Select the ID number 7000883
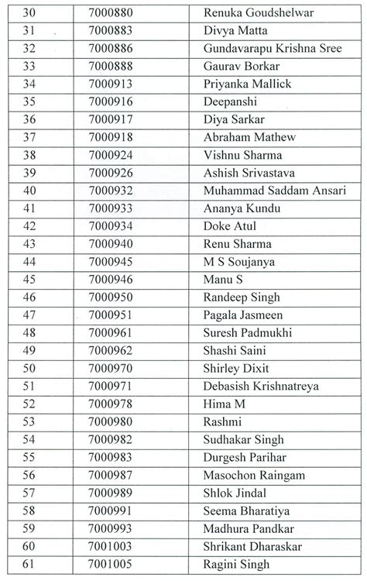coord(111,31)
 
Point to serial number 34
coord(29,84)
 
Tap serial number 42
coord(29,226)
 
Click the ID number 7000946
coord(111,280)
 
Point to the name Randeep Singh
coord(242,297)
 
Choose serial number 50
coord(29,369)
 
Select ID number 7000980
coord(111,422)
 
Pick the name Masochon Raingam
coord(254,475)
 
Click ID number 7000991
coord(111,511)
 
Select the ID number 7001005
coord(111,564)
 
